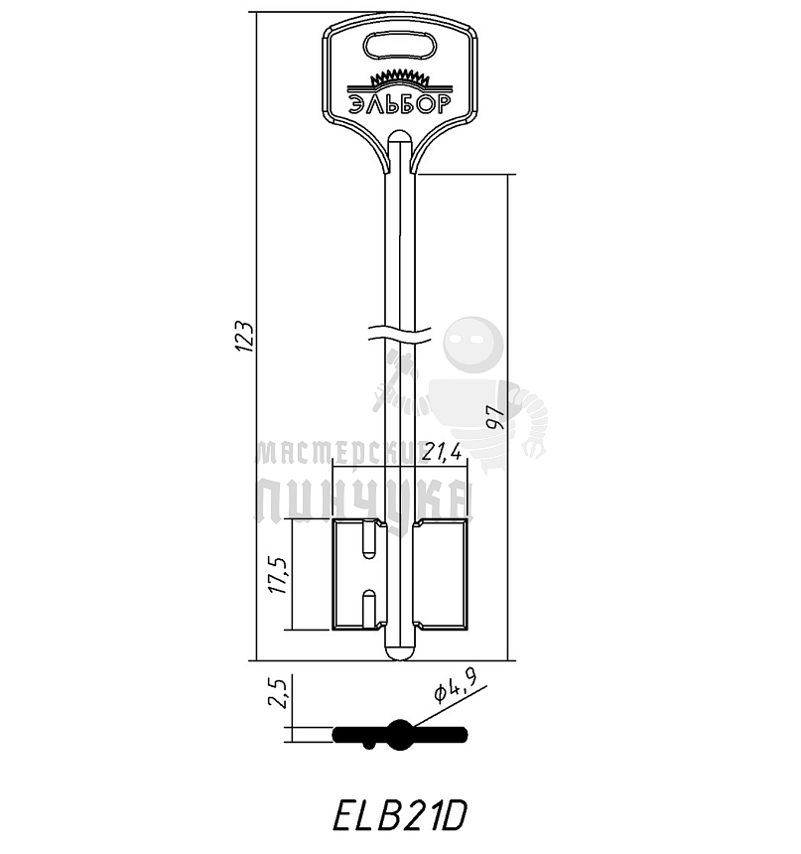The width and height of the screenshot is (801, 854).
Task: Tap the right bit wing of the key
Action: click(x=440, y=575)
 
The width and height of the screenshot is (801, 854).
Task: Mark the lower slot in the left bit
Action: click(x=369, y=608)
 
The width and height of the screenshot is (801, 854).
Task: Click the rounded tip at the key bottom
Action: click(x=398, y=652)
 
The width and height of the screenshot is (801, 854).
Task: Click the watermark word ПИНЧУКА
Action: click(x=362, y=501)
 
